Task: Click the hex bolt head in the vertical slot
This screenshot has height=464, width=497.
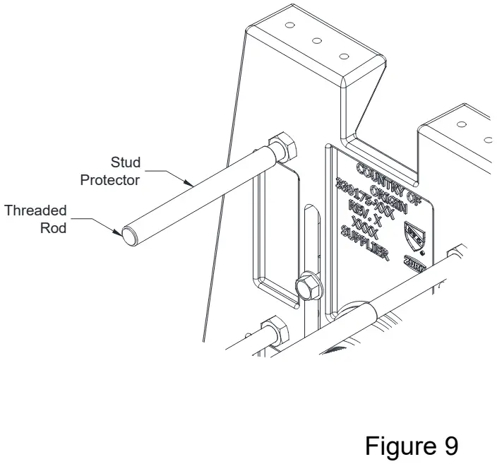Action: click(309, 286)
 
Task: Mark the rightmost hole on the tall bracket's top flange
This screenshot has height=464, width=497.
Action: click(344, 56)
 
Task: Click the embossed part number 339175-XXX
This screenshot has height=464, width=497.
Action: click(363, 193)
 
